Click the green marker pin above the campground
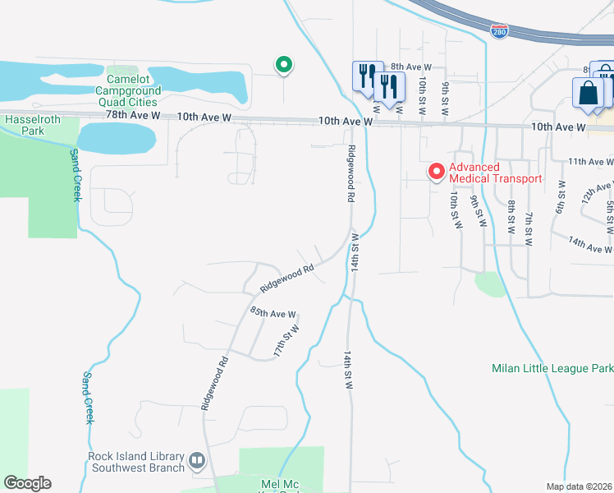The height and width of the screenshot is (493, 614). pos(283,64)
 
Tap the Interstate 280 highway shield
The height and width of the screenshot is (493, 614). pos(500,32)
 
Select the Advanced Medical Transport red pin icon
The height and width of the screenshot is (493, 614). pos(436,172)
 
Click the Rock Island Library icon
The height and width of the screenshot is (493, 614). pos(197,461)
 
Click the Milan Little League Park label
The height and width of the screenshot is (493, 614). pos(552,368)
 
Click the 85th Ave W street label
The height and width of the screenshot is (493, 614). pos(273,313)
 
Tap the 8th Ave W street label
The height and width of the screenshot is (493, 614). pos(410,67)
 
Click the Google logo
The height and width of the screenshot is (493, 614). pos(27,483)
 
